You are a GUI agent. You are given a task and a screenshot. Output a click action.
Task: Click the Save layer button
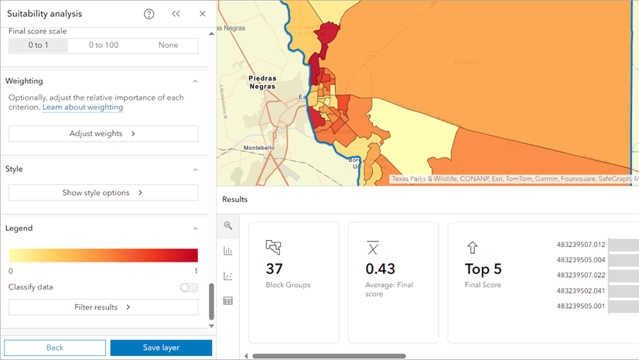point(161,348)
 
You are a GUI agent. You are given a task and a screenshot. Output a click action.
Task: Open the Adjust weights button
point(103,134)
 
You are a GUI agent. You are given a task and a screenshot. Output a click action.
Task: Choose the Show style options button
point(103,193)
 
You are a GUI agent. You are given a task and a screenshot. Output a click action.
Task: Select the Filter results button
point(103,307)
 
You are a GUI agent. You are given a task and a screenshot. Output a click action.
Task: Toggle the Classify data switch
point(189,287)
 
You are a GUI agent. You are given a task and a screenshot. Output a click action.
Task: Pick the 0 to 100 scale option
point(103,46)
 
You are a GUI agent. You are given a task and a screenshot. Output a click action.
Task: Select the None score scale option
point(168,46)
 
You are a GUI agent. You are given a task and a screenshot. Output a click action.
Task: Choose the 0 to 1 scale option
point(38,46)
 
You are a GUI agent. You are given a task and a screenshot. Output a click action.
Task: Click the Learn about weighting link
point(83,108)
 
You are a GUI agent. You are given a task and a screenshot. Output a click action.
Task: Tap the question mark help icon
point(149,14)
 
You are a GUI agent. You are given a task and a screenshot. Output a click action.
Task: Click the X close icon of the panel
point(202,14)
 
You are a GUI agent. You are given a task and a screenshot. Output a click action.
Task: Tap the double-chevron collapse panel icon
point(176,14)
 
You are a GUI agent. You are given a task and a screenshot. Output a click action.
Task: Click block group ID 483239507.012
point(581,245)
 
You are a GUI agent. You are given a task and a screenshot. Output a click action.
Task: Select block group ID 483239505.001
point(581,307)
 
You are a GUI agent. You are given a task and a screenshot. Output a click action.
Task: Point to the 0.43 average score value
point(381,269)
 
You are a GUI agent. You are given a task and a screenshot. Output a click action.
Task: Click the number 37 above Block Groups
point(275,269)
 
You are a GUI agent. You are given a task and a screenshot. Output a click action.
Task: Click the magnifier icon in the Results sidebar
point(228,226)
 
